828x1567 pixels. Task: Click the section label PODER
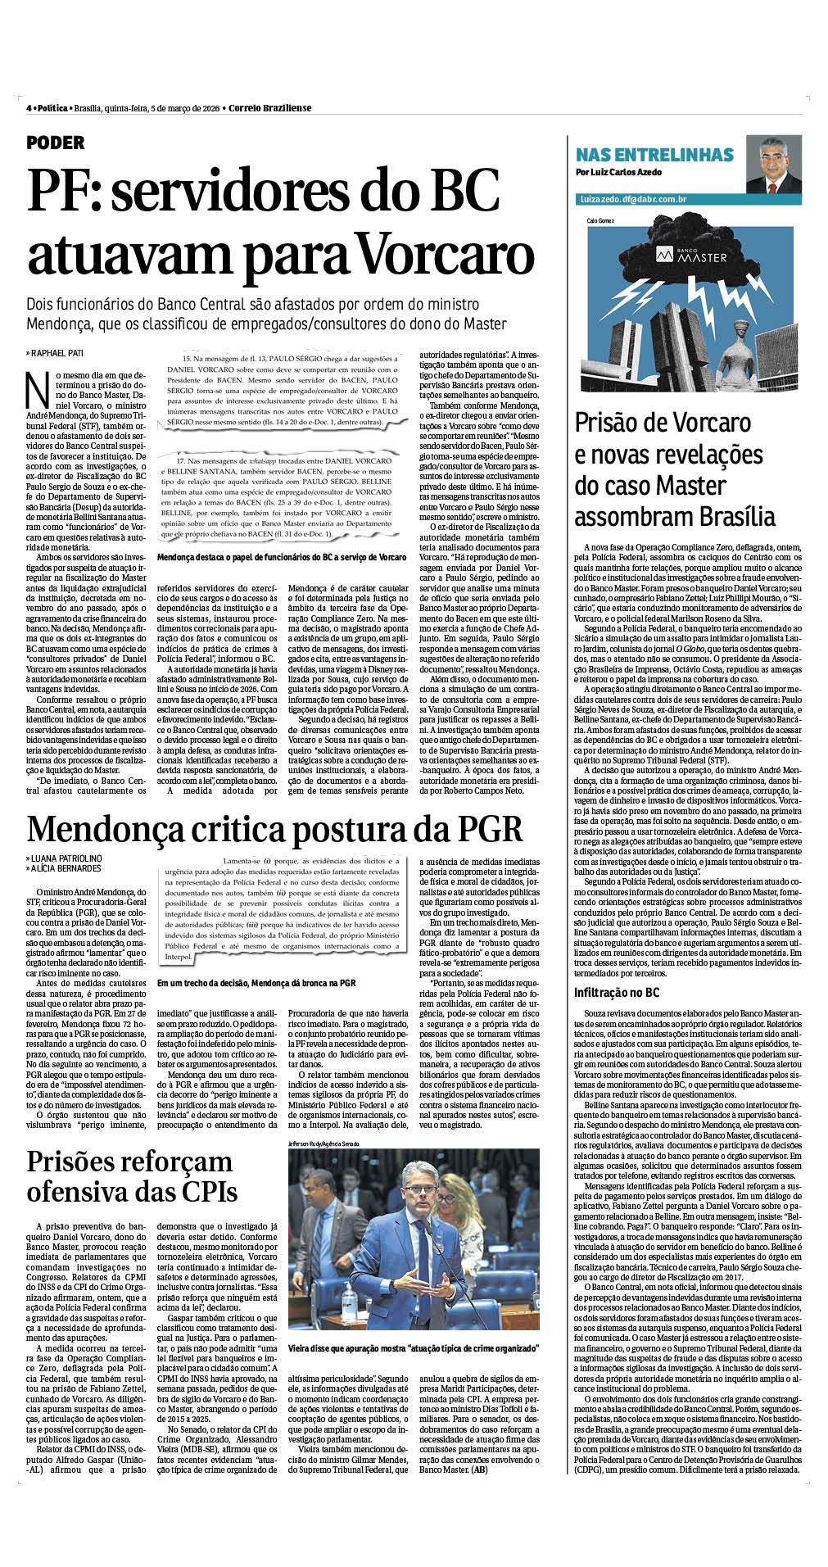tap(56, 143)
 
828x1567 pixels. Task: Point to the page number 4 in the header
tap(29, 108)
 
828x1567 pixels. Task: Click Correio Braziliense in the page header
tap(270, 108)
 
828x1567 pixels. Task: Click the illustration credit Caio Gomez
tap(600, 220)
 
